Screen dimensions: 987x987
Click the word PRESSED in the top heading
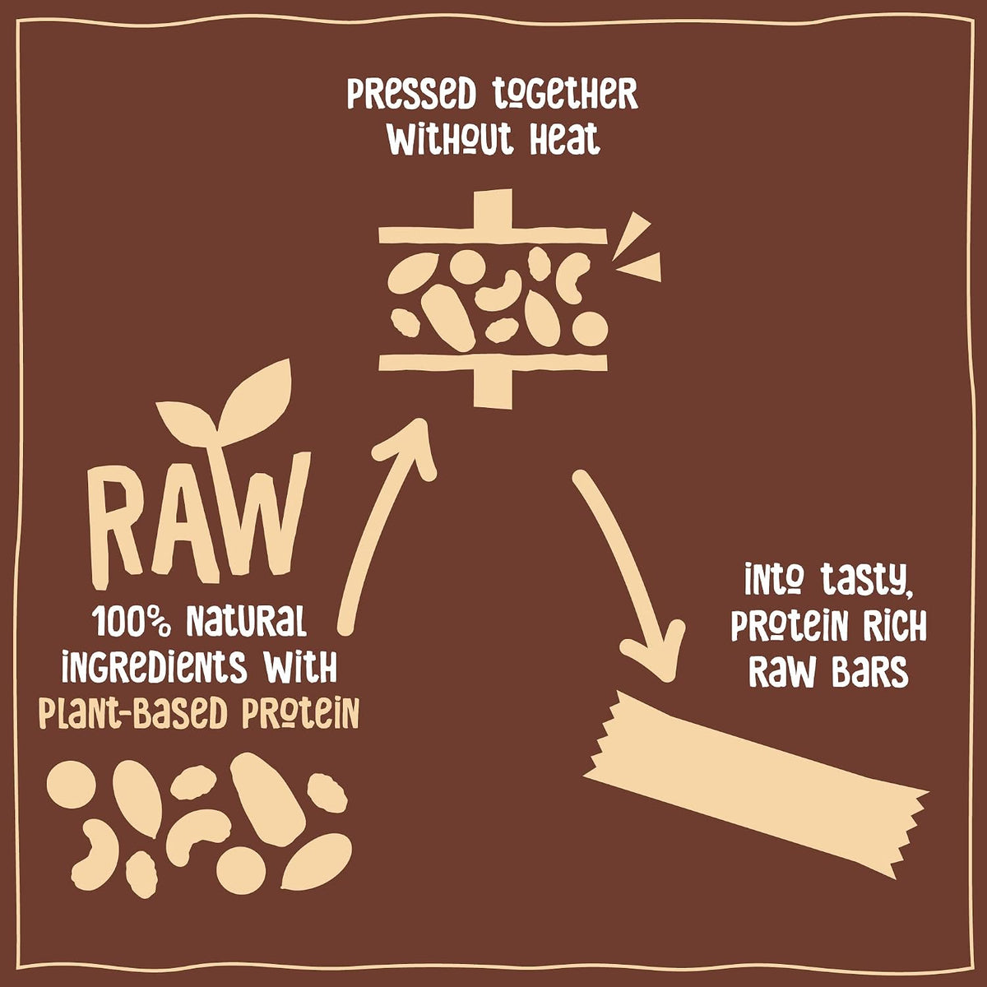[x=411, y=95]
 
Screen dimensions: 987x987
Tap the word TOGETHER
[x=565, y=95]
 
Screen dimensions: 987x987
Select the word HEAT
[x=564, y=138]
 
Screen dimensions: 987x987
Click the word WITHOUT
[x=450, y=138]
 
